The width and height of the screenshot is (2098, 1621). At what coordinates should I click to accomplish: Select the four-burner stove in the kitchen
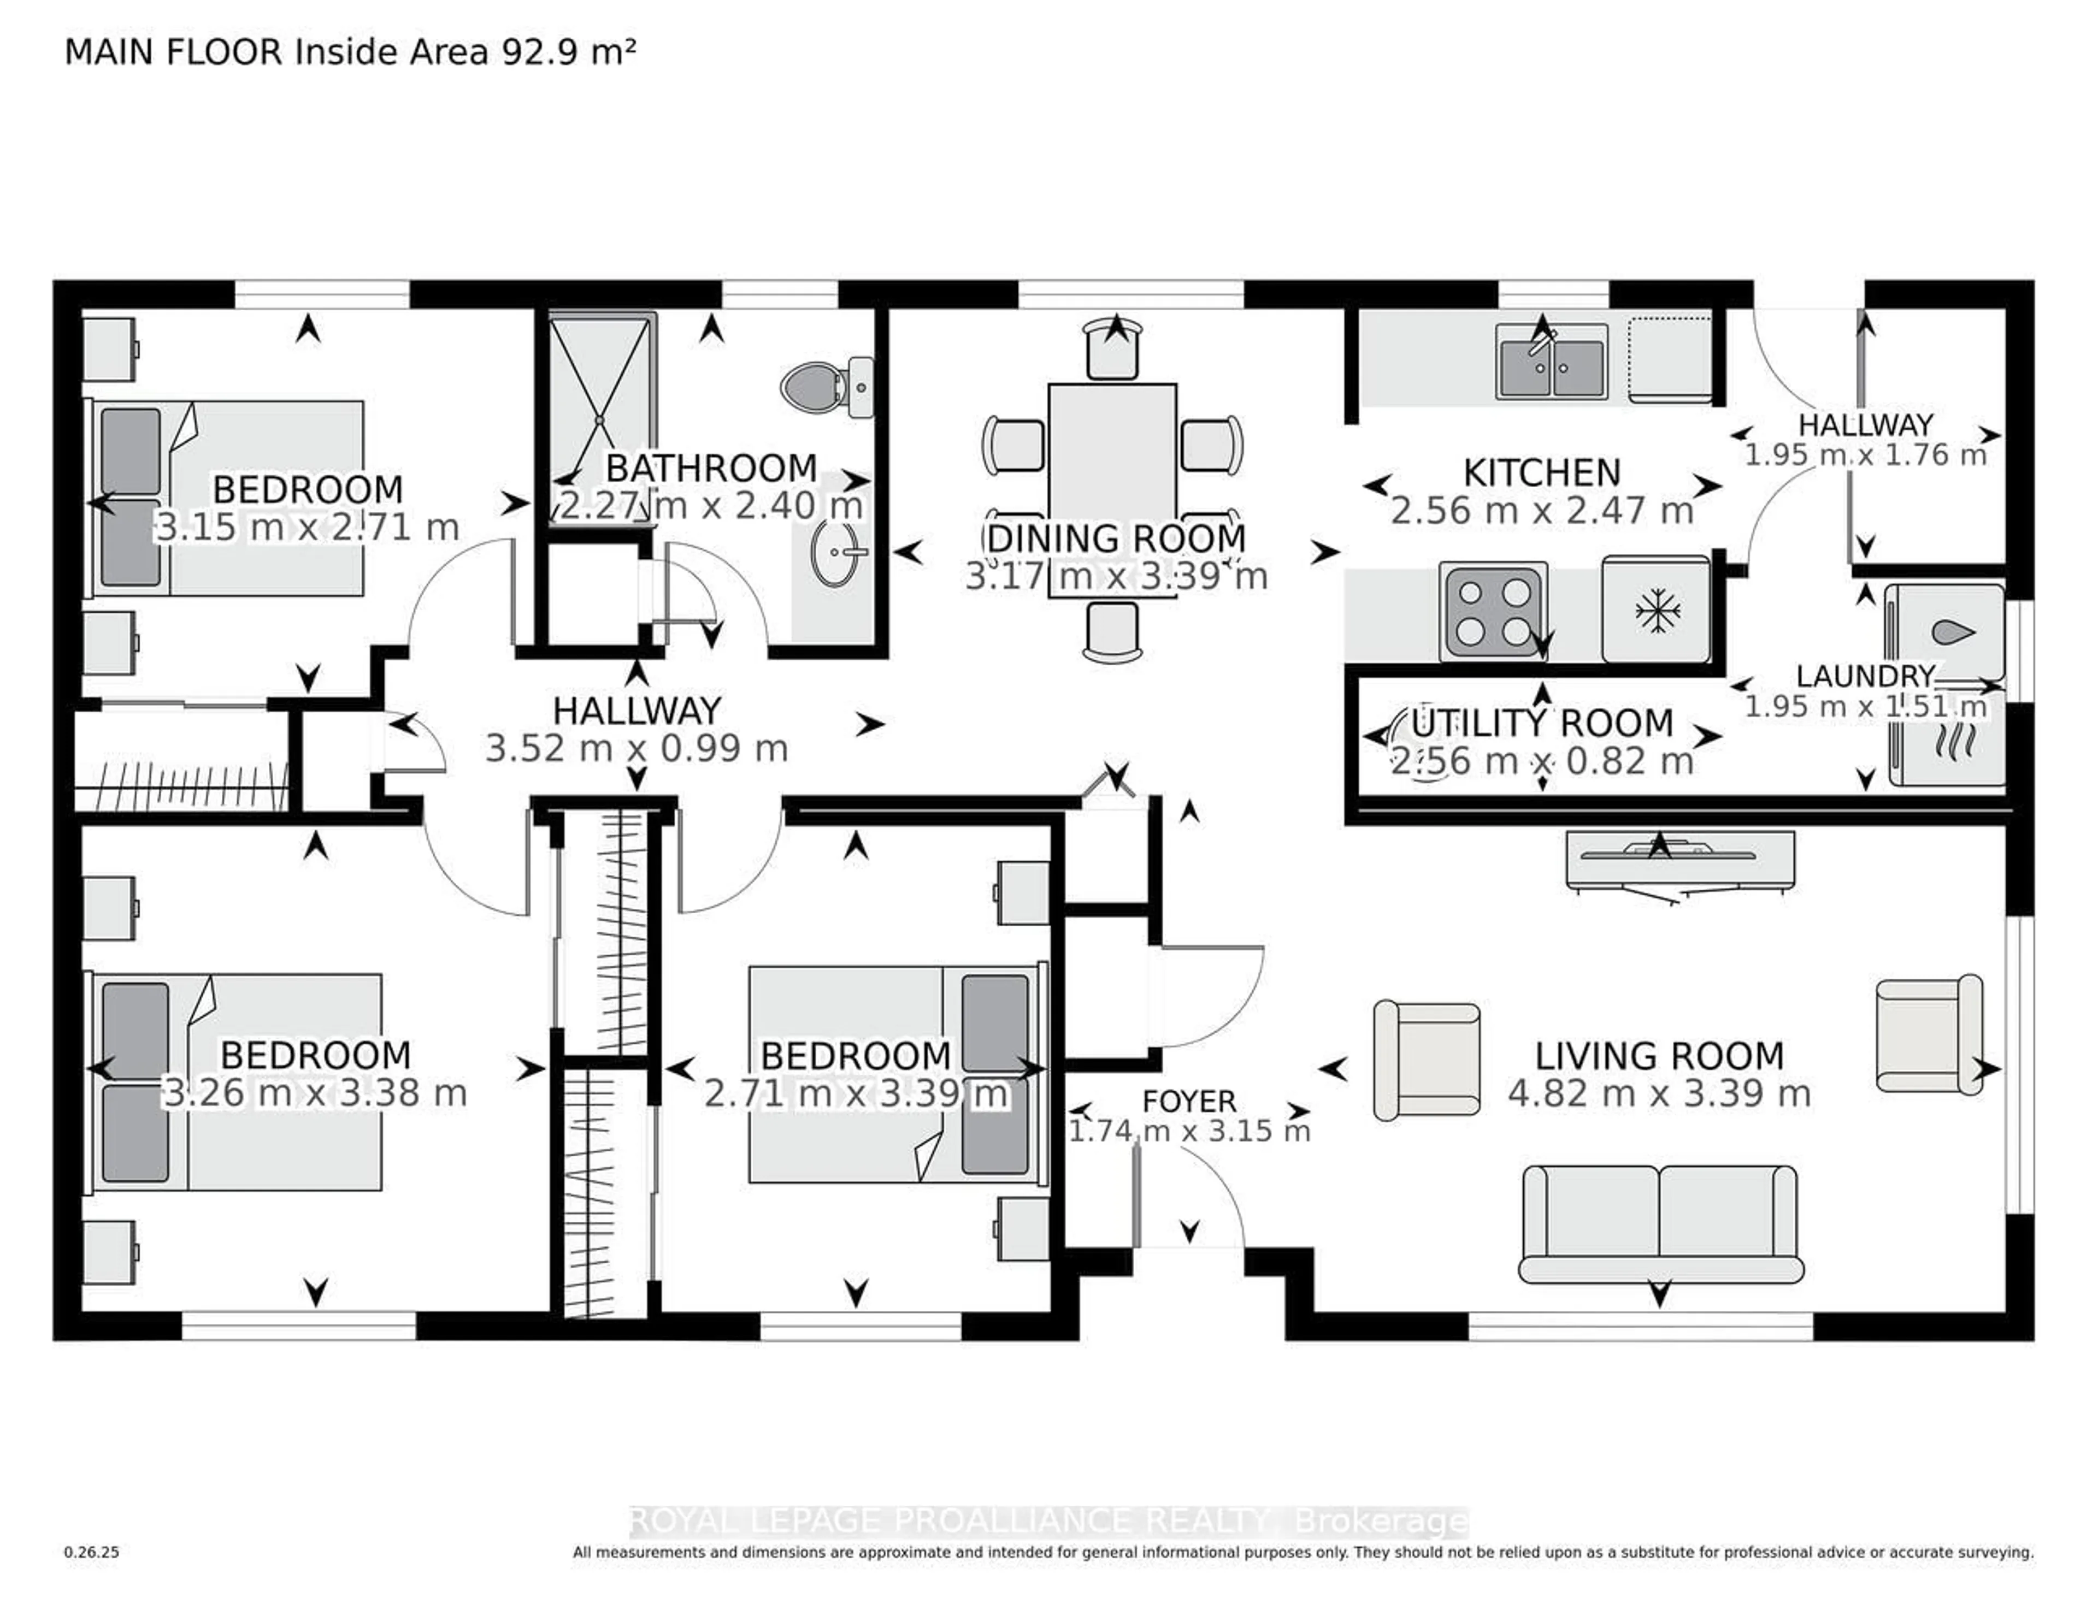tap(1492, 612)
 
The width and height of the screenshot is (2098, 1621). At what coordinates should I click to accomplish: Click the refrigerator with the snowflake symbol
tap(1655, 609)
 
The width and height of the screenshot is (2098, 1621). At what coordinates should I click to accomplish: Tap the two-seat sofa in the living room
tap(1659, 1224)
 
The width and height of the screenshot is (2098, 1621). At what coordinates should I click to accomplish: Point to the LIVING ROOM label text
tap(1659, 1056)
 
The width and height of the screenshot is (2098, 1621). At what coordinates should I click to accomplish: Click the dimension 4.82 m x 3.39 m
tap(1659, 1094)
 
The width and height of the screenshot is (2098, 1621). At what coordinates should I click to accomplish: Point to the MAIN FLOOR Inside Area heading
tap(350, 52)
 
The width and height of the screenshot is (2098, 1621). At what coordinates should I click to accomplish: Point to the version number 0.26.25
tap(91, 1552)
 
